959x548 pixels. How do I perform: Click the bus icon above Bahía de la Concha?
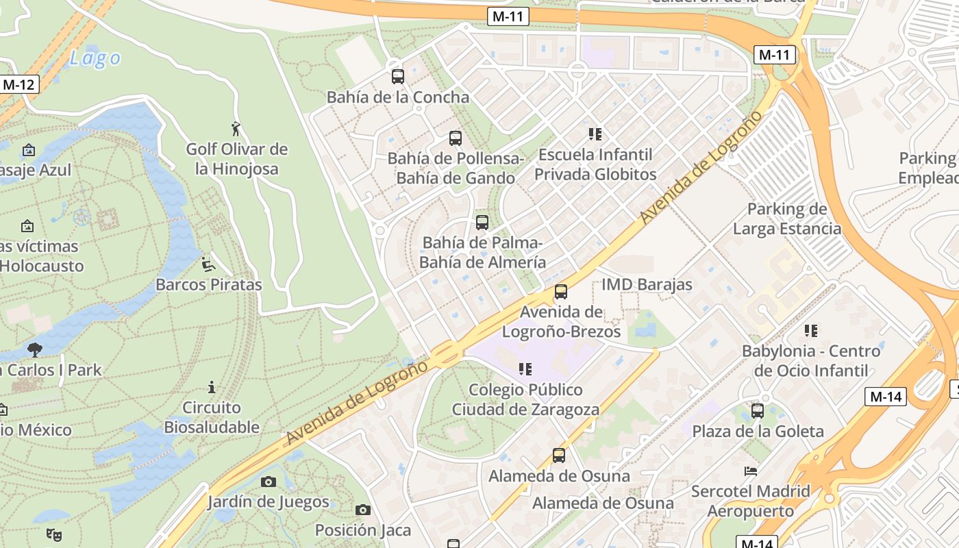[x=397, y=77]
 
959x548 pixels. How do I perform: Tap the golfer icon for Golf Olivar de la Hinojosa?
[x=236, y=128]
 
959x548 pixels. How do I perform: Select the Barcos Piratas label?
[x=208, y=284]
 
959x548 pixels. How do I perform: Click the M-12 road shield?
[x=19, y=84]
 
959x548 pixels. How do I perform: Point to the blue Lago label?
[x=95, y=59]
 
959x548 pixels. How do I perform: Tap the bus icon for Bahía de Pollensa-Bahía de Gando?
[x=456, y=138]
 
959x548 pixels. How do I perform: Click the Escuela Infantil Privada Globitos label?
[x=595, y=164]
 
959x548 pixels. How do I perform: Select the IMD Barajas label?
[x=647, y=284]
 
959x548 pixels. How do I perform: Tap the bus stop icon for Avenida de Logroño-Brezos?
[x=561, y=292]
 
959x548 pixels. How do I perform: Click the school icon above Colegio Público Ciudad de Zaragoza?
[x=525, y=369]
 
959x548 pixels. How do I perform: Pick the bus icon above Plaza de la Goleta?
[x=757, y=411]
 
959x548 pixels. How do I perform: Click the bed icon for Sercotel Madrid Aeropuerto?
[x=751, y=471]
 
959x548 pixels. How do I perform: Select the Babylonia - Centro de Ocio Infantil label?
[x=810, y=361]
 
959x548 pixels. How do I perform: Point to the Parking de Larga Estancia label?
[x=786, y=219]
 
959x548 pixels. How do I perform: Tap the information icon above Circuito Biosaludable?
[x=212, y=388]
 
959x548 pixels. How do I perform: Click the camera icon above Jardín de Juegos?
[x=269, y=482]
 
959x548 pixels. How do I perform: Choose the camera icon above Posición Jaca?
[x=363, y=510]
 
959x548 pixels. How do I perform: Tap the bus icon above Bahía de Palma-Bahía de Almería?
[x=482, y=223]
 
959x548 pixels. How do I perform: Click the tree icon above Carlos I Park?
[x=34, y=350]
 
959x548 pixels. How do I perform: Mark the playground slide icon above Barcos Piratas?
[x=208, y=264]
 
